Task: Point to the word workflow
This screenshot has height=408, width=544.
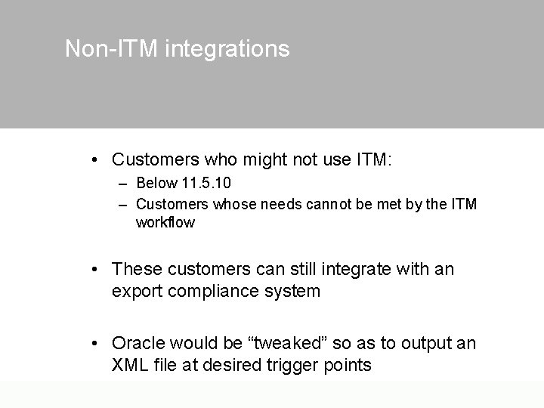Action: pyautogui.click(x=165, y=223)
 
